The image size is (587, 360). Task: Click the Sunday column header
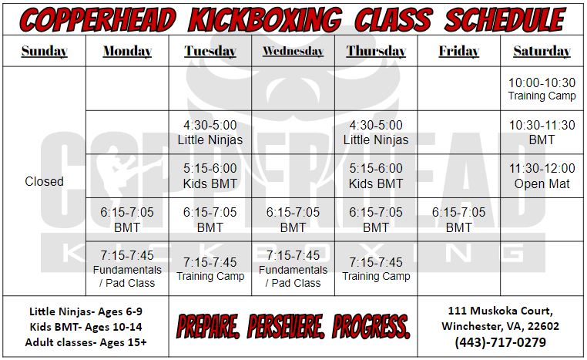[x=44, y=52]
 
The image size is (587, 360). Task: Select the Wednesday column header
[x=293, y=52]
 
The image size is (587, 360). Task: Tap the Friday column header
[x=458, y=52]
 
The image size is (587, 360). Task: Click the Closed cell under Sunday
[x=44, y=181]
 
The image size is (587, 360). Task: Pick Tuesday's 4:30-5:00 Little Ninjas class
[x=210, y=132]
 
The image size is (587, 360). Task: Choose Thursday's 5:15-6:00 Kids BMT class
[x=376, y=176]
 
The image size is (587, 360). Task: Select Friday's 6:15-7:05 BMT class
[x=458, y=220]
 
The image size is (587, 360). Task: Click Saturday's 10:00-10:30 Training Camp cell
[x=542, y=89]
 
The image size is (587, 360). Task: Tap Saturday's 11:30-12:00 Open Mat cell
[x=542, y=176]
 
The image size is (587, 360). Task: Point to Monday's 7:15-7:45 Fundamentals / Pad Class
[x=127, y=268]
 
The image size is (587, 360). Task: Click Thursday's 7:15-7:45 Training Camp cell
[x=376, y=269]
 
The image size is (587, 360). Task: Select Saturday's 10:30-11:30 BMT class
[x=542, y=132]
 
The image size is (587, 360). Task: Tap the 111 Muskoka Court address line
[x=501, y=311]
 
